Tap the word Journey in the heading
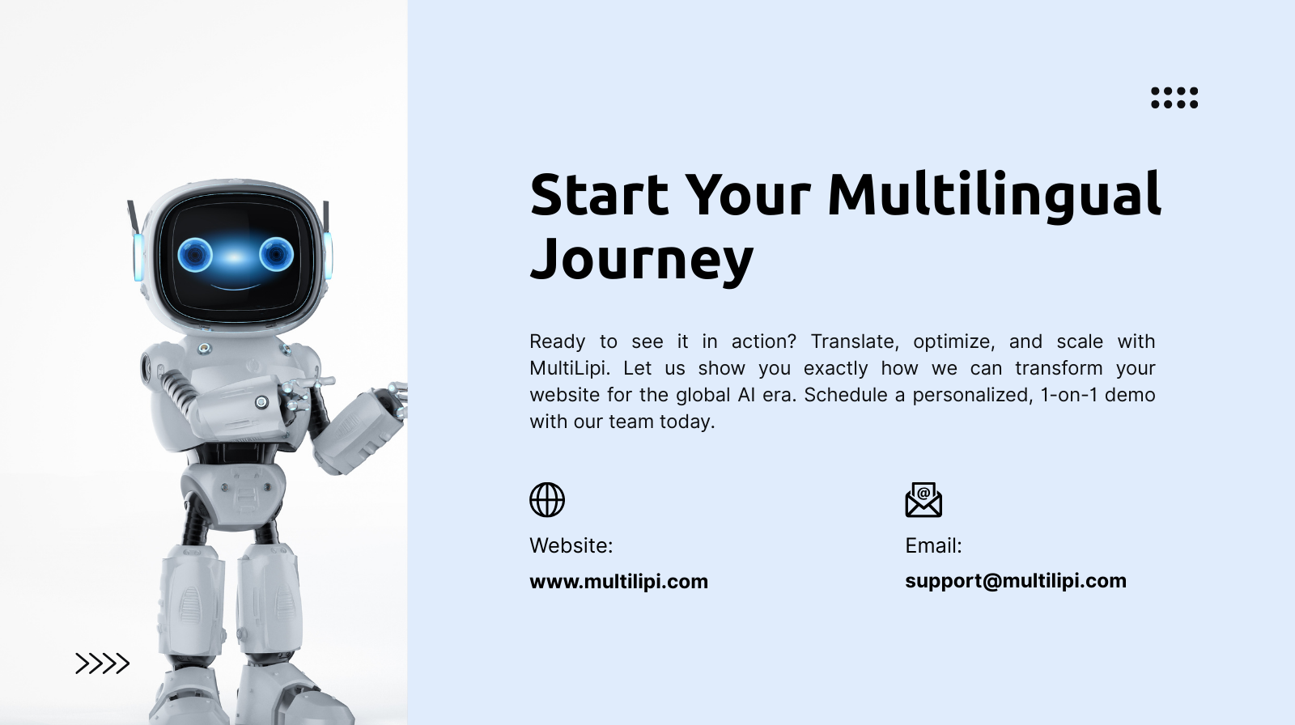[641, 259]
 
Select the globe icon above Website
[547, 500]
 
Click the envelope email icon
[923, 500]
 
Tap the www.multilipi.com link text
[618, 581]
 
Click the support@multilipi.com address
[1015, 580]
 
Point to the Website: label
[571, 545]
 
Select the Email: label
[933, 545]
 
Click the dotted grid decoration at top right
[1174, 98]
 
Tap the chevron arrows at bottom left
[102, 664]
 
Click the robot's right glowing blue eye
[275, 254]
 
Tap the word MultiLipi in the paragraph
[567, 368]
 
